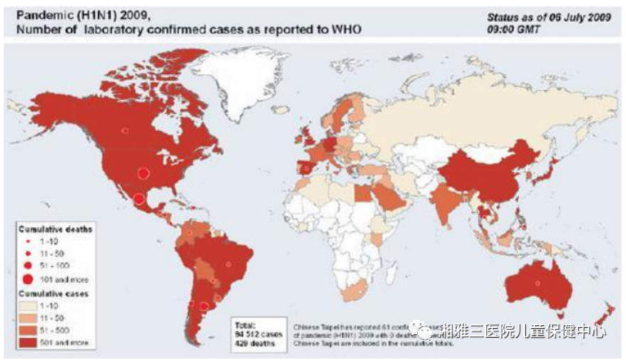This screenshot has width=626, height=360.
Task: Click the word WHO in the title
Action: click(347, 29)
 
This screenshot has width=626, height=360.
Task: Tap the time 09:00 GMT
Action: click(513, 30)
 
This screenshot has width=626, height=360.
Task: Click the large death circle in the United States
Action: click(142, 173)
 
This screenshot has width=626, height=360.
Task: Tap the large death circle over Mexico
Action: click(139, 199)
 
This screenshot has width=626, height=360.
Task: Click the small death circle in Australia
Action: click(538, 282)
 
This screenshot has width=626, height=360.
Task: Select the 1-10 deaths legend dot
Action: click(28, 242)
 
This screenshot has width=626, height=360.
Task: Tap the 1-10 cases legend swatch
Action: click(28, 305)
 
